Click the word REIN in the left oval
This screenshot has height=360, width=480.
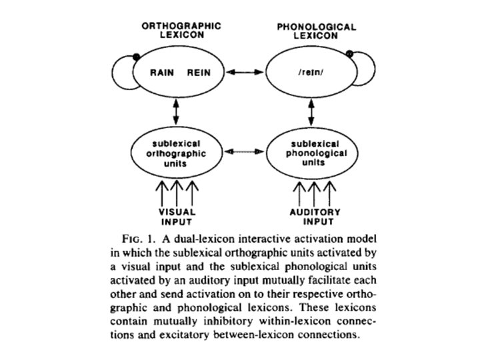199,73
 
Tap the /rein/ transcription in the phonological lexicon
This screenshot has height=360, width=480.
311,73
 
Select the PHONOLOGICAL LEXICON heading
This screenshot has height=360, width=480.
316,30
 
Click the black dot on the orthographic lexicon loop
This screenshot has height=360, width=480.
137,55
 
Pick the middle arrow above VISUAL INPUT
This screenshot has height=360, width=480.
176,193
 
